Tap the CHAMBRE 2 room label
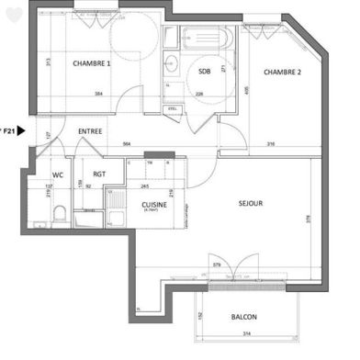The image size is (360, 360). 283,72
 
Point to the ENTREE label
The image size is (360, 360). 90,132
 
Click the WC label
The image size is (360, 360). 57,174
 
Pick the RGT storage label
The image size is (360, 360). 99,174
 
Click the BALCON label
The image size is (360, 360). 243,317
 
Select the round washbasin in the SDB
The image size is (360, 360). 173,63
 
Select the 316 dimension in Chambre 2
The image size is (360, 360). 269,144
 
